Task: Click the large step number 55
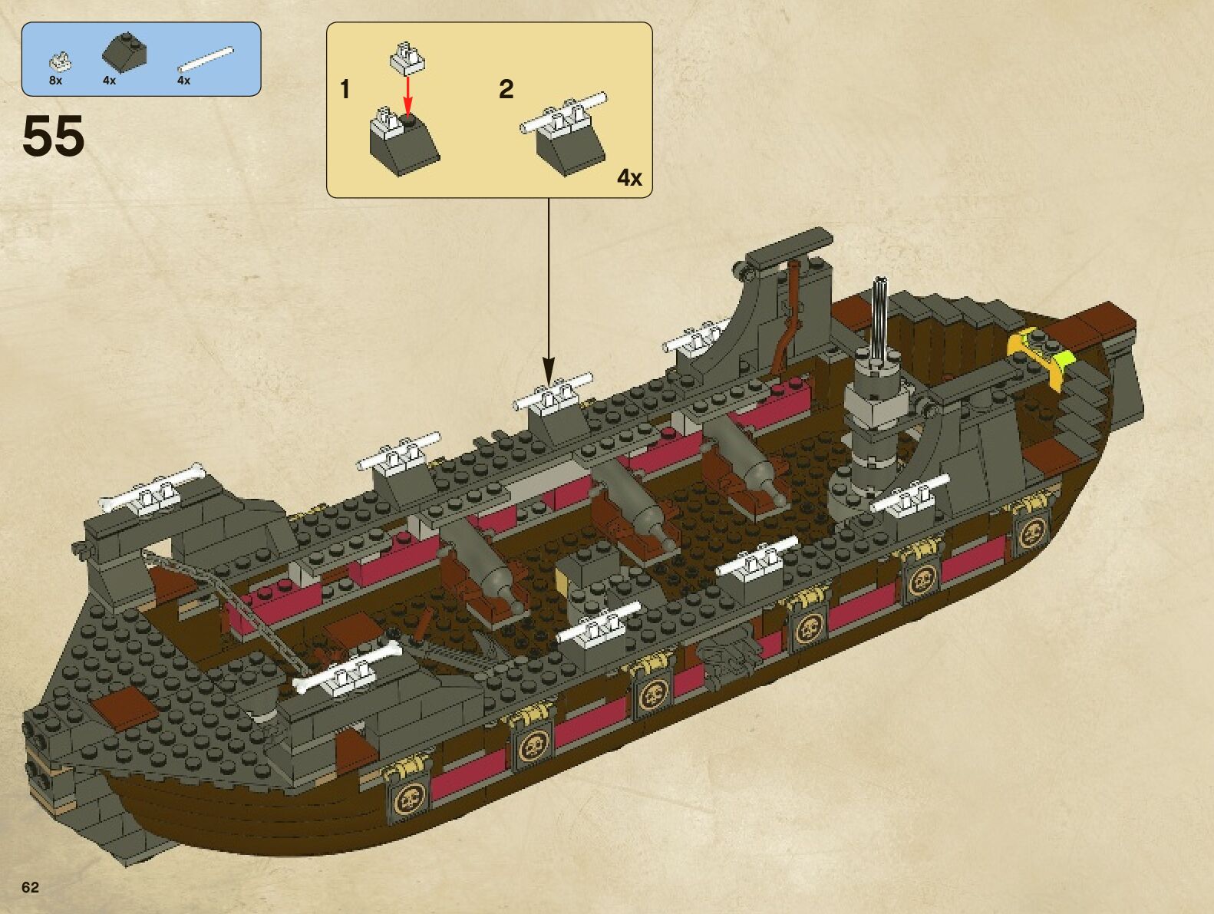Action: (53, 137)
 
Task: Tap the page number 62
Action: (30, 887)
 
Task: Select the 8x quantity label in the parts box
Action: (55, 81)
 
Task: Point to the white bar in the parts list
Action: (205, 60)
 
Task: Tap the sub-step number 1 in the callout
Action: (345, 90)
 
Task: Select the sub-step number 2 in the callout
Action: (506, 90)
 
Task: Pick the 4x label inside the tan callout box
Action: (629, 178)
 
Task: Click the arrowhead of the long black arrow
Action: (548, 370)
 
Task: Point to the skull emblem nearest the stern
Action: (1032, 532)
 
